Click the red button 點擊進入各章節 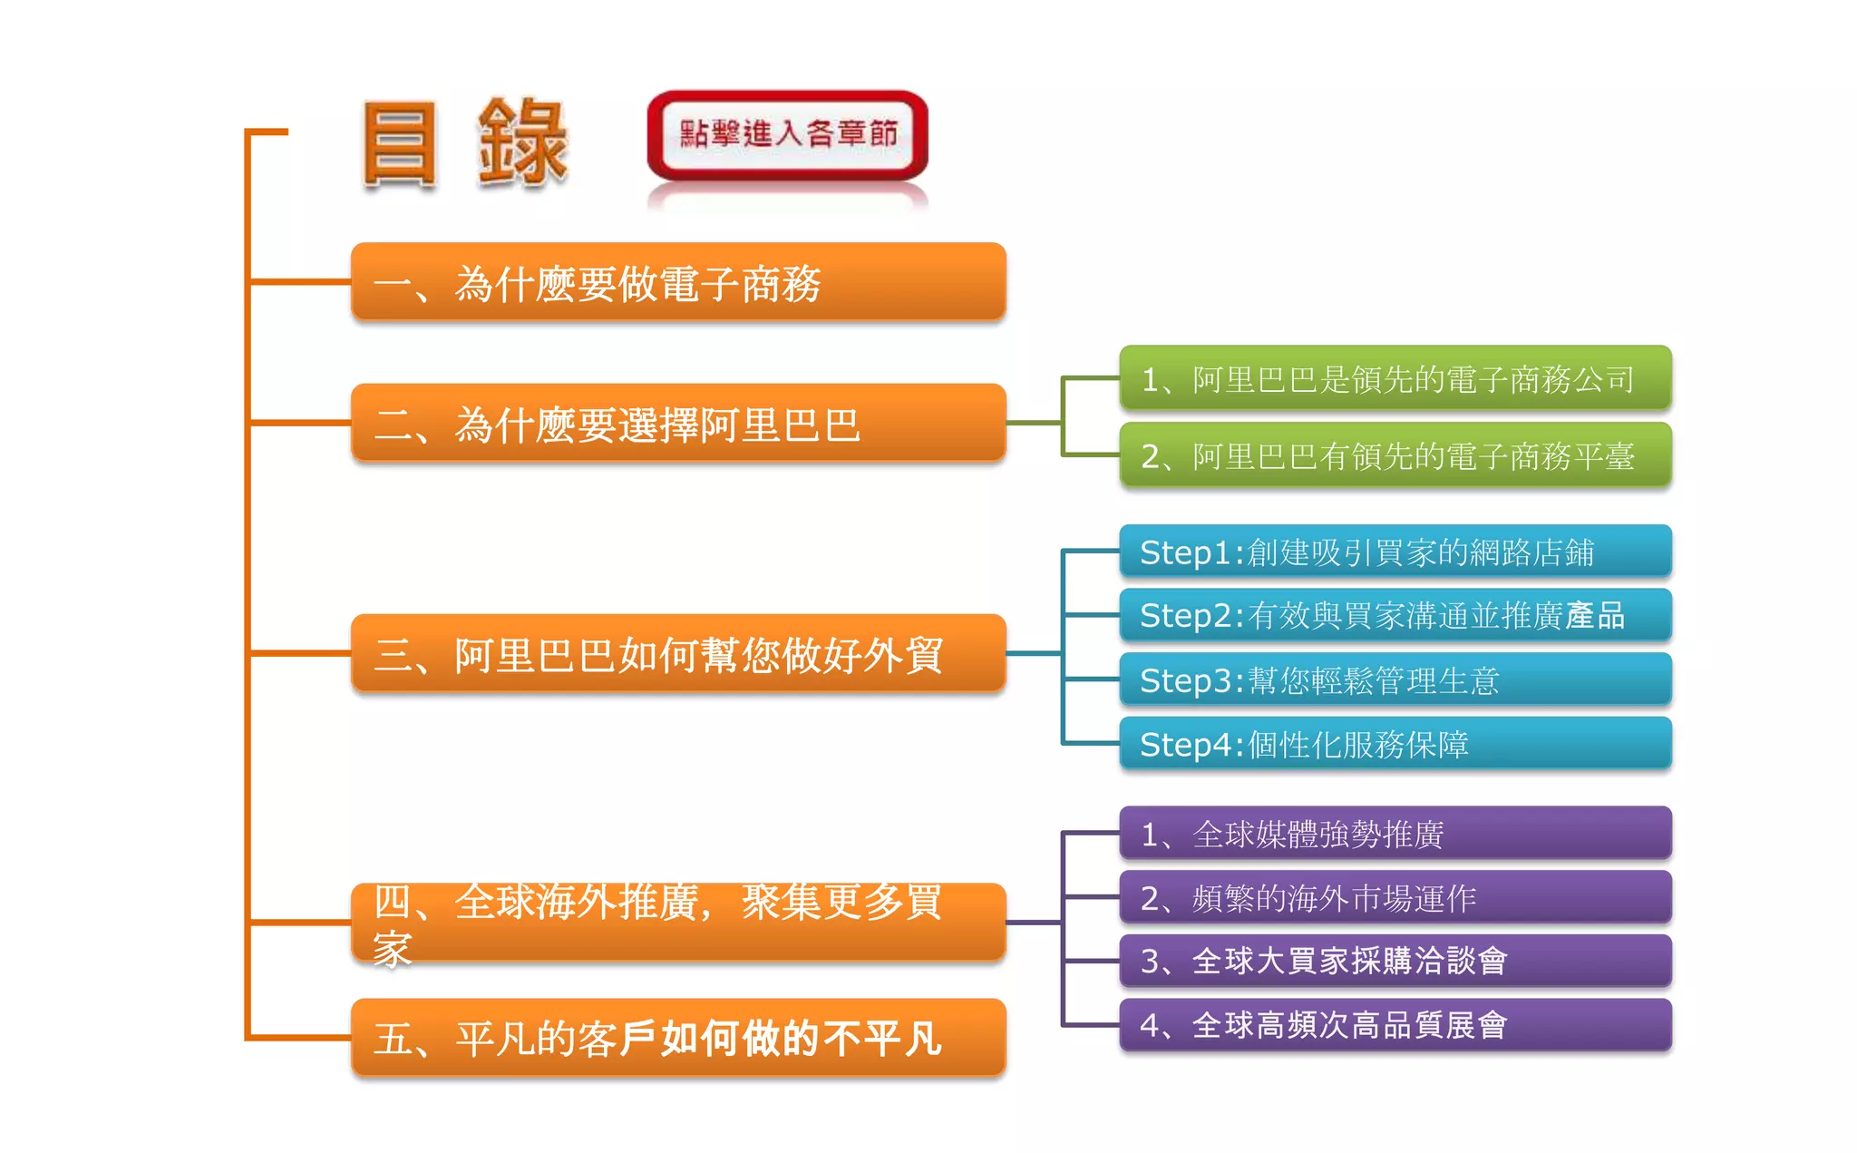coord(787,135)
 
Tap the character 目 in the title coord(399,143)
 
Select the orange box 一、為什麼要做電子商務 coord(678,282)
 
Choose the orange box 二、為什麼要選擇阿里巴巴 coord(678,423)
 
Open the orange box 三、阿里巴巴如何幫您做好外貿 coord(678,653)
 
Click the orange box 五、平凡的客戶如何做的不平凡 coord(678,1038)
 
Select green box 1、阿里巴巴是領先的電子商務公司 coord(1395,378)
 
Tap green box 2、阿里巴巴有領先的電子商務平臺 coord(1395,455)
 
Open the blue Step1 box coord(1395,552)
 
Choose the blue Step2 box coord(1395,615)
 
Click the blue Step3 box coord(1395,679)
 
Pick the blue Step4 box coord(1395,744)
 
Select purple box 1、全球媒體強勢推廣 coord(1395,834)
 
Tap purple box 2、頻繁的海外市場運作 coord(1395,897)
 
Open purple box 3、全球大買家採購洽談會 coord(1395,961)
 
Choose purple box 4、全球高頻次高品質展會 coord(1395,1025)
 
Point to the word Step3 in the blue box coord(1185,680)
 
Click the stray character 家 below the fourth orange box coord(393,950)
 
